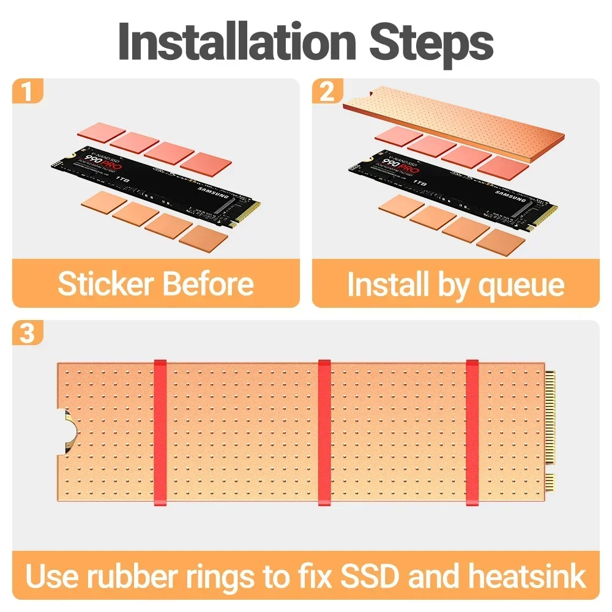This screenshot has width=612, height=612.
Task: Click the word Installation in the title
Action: click(236, 42)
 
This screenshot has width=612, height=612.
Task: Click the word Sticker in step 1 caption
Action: click(105, 284)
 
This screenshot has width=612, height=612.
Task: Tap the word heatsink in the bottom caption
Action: click(527, 577)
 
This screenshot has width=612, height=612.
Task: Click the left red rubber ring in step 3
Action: click(160, 432)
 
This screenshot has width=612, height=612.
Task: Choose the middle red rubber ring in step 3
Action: click(324, 432)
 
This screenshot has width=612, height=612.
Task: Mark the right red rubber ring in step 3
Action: click(472, 432)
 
